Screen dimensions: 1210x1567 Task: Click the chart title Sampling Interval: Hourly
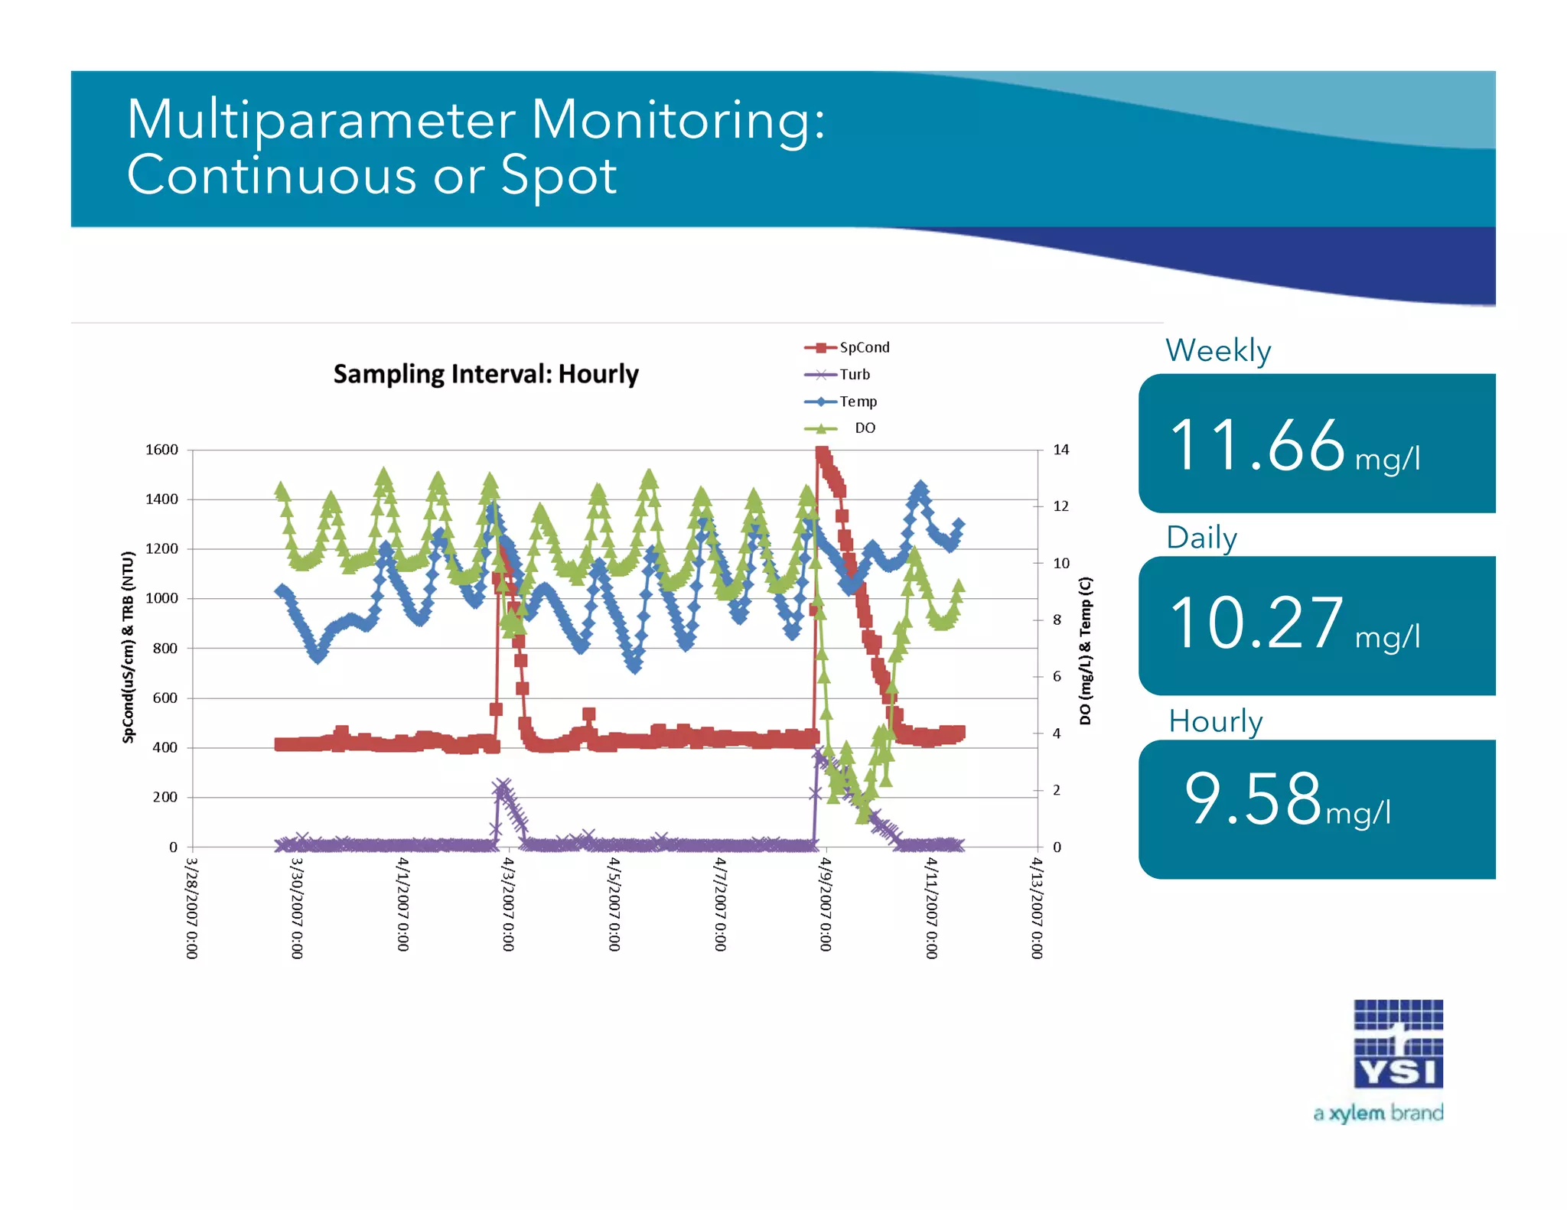(x=485, y=374)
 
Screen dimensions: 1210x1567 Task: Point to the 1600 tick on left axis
(x=161, y=450)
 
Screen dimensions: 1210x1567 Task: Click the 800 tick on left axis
(x=165, y=648)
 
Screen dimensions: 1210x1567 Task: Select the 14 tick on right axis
(x=1060, y=450)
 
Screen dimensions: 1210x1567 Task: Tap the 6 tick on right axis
(x=1057, y=676)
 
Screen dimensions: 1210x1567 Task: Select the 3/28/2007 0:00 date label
(x=191, y=908)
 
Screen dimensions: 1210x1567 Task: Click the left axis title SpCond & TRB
(x=128, y=646)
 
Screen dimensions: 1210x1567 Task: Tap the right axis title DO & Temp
(x=1086, y=650)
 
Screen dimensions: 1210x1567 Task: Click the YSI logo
(x=1398, y=1044)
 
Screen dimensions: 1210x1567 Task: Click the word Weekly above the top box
(x=1218, y=350)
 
